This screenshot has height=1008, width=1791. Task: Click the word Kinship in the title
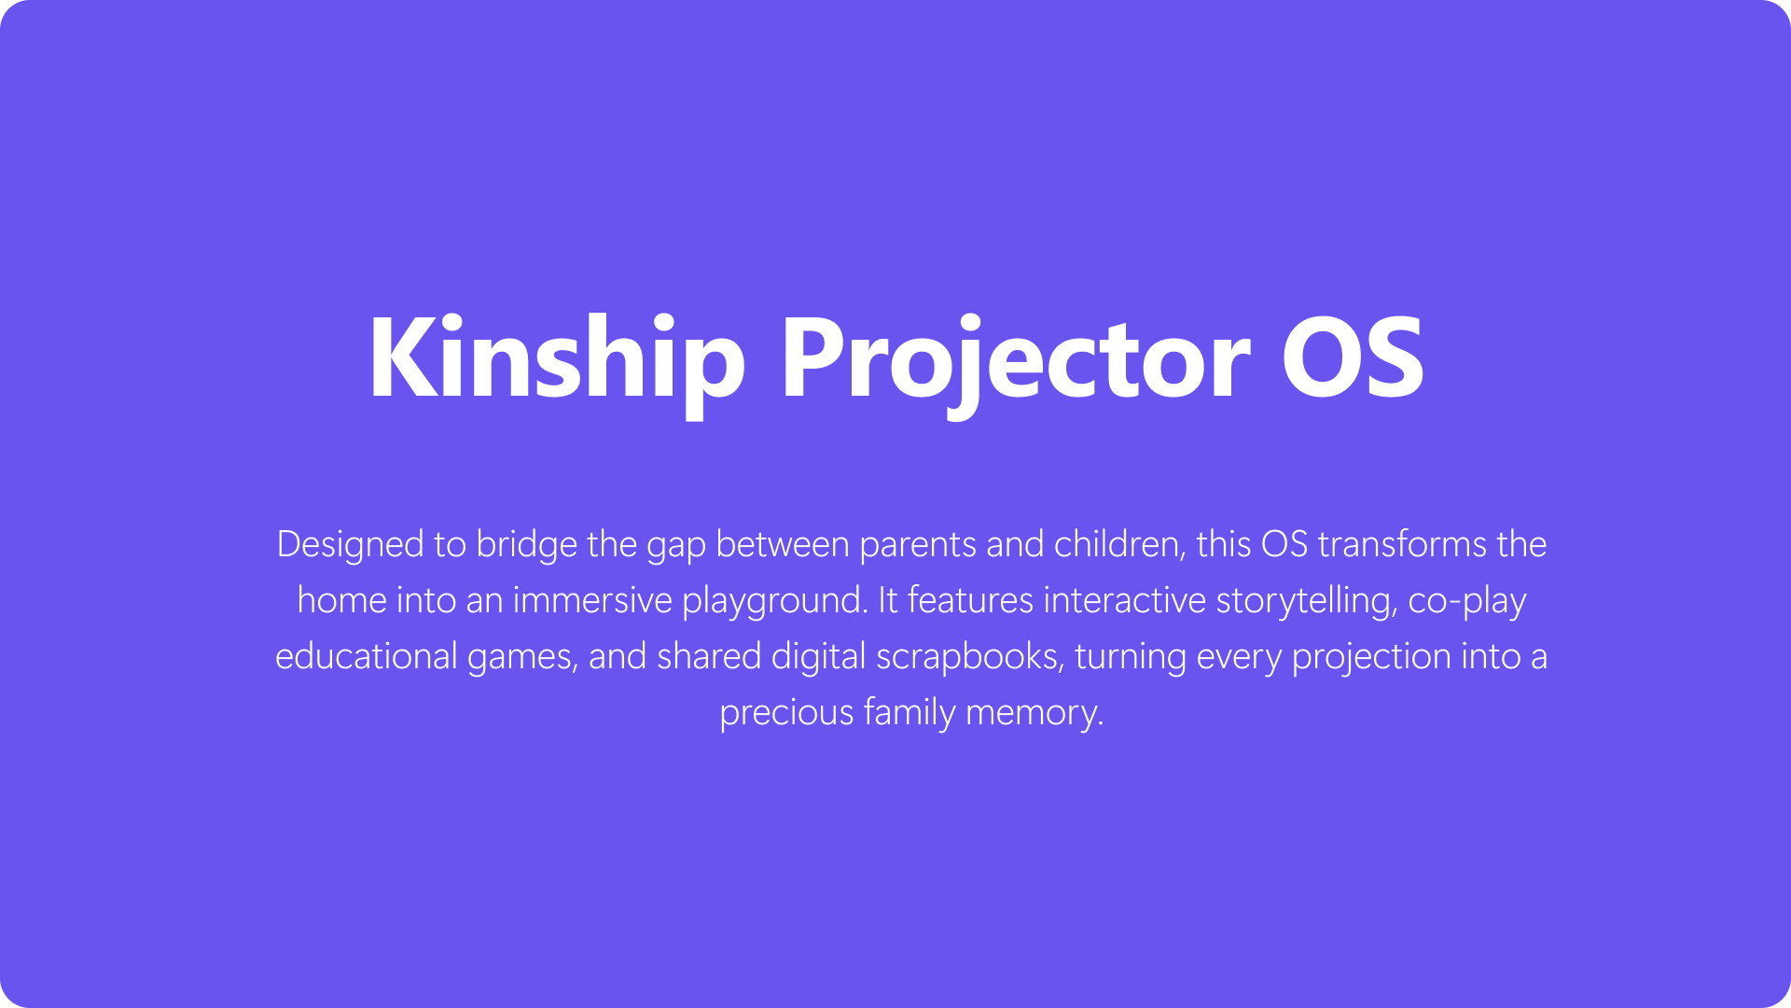coord(557,359)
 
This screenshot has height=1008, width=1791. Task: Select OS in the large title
coord(1352,359)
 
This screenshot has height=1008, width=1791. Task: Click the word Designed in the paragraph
coord(351,544)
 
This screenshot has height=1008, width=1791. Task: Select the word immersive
coord(592,600)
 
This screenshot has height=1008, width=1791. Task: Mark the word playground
coord(774,600)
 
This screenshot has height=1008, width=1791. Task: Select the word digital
coord(818,656)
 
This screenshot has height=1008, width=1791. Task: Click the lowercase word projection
coord(1371,656)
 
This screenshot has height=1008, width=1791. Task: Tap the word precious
coord(786,712)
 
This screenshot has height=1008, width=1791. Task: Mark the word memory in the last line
coord(1034,712)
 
